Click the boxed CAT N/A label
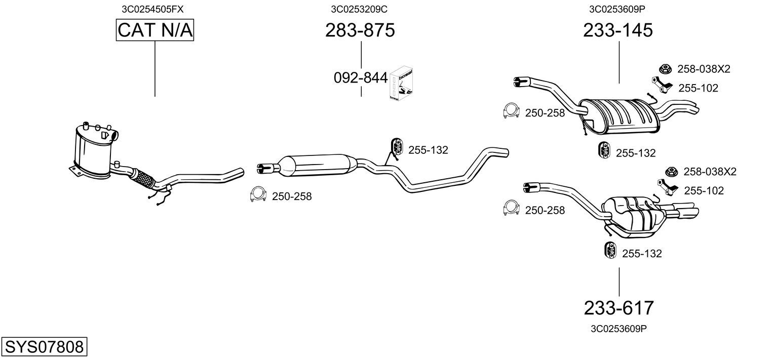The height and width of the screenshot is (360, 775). pos(154,30)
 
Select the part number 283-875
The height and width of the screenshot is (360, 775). pos(360,30)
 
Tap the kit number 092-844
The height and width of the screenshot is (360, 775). pos(361,78)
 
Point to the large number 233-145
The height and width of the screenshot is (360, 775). pos(618,30)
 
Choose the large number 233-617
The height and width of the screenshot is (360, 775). pos(619,308)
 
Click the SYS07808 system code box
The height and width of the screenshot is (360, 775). pos(44,346)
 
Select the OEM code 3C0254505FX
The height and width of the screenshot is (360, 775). pos(152,9)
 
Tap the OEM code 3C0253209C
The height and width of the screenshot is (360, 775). pos(359,9)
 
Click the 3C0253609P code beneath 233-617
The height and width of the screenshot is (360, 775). pos(618,329)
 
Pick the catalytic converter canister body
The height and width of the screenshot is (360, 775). pos(93,152)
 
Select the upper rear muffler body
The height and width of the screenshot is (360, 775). pos(619,116)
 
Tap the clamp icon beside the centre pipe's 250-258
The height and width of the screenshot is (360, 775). pos(258,194)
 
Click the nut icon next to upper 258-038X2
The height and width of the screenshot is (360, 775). pos(665,69)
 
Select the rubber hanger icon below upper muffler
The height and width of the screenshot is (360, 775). pos(604,150)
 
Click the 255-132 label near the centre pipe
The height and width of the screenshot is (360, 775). pos(428,150)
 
